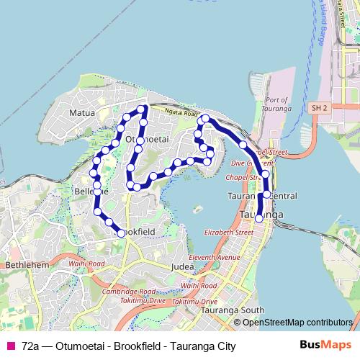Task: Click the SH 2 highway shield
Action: pyautogui.click(x=320, y=107)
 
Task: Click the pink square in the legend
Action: pyautogui.click(x=11, y=346)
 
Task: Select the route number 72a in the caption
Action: pyautogui.click(x=30, y=346)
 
